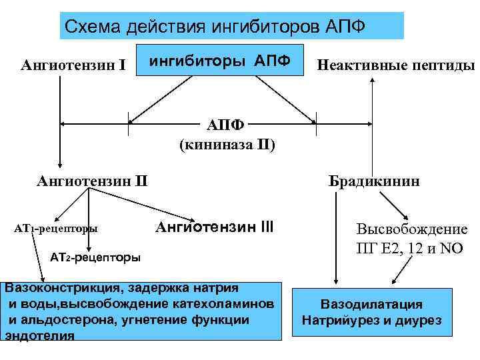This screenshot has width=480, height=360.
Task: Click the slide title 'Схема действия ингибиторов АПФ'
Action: (231, 27)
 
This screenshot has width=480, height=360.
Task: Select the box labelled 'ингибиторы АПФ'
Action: (219, 61)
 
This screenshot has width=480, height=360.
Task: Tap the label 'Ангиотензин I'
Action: (73, 65)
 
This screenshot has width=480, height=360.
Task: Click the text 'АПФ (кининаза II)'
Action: (227, 135)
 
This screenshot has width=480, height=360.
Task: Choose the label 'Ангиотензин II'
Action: (93, 179)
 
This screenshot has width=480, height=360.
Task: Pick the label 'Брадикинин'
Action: (373, 181)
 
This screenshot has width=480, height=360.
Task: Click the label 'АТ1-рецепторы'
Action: (56, 229)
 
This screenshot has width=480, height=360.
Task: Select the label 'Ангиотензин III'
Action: (214, 227)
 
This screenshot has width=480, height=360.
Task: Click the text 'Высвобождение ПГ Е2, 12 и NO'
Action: (411, 238)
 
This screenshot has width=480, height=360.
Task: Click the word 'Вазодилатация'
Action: (371, 305)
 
